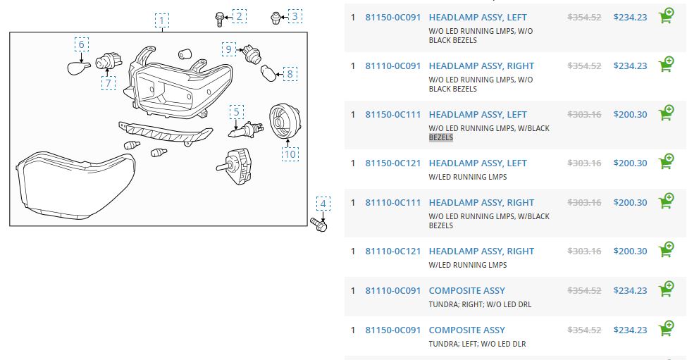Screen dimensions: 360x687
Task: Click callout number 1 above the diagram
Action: pos(162,20)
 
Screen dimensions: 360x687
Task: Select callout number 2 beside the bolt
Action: pos(240,15)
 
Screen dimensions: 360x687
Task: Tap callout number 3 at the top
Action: pos(295,15)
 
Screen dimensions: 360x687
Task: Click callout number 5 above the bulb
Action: pos(237,111)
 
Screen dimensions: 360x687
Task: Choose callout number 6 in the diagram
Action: pos(82,45)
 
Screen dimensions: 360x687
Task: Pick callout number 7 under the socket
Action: pos(109,83)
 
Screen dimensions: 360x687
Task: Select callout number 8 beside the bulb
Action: pos(290,73)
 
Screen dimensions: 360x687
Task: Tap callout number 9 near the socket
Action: pos(228,49)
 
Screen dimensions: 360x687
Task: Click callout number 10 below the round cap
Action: pos(290,153)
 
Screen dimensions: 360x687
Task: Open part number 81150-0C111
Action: pos(392,115)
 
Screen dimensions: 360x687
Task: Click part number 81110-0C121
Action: pos(392,252)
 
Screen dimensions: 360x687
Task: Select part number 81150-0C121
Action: pos(392,163)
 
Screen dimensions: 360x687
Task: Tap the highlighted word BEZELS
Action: pos(441,138)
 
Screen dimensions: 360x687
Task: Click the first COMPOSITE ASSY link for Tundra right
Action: pos(466,291)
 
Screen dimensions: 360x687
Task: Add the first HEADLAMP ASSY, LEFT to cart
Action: pos(665,17)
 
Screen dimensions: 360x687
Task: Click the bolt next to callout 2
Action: pos(220,18)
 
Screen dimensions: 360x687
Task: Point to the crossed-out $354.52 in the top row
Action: pos(584,18)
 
